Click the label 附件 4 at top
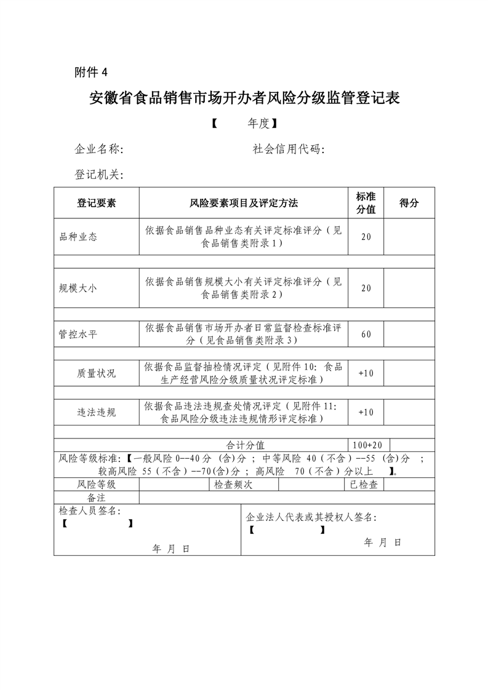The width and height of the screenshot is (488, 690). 90,72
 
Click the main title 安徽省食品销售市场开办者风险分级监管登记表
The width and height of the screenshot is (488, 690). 244,98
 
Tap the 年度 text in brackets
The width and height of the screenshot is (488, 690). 258,124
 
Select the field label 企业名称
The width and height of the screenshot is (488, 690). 99,149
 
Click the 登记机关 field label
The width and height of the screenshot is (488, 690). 99,175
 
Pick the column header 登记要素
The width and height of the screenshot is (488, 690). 96,203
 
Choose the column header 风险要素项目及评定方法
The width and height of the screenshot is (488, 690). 244,203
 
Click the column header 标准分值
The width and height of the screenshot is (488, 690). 366,203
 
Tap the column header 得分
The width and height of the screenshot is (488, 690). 409,203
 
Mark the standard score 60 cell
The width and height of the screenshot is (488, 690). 366,334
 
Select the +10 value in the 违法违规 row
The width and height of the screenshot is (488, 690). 366,412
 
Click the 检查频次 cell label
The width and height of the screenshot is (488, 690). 233,484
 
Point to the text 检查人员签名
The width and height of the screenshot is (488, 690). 90,511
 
